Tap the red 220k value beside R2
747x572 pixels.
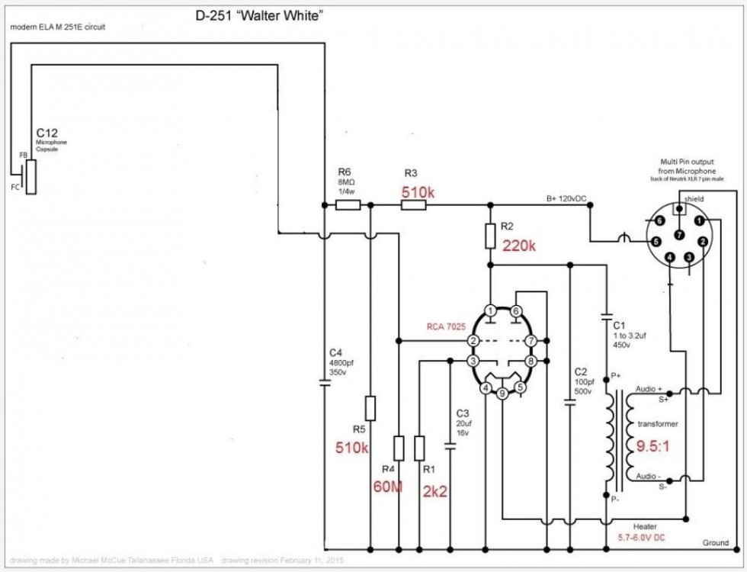(519, 246)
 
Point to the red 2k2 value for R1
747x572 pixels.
(435, 492)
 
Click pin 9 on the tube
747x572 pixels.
(502, 394)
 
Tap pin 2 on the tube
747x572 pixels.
(473, 340)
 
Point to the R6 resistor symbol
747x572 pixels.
(348, 205)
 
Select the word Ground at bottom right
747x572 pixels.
(717, 542)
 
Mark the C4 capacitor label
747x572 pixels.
(335, 352)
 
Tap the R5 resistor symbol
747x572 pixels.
(370, 408)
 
